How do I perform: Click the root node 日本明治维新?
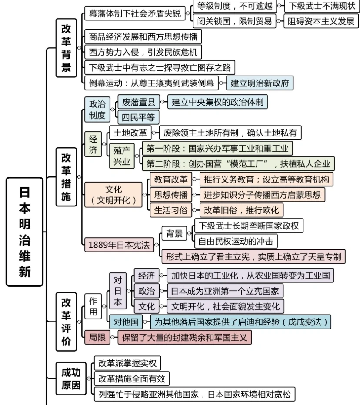(x=25, y=232)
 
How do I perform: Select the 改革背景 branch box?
(x=66, y=48)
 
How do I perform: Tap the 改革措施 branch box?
(x=66, y=177)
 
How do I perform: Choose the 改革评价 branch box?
(x=66, y=322)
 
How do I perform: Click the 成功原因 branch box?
(x=70, y=378)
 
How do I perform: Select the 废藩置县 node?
(x=138, y=103)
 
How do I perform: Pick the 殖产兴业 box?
(x=122, y=156)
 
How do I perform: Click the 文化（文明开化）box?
(x=113, y=194)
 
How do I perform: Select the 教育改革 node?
(x=171, y=179)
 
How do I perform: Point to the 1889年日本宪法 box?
(x=119, y=245)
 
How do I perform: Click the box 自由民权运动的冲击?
(x=236, y=241)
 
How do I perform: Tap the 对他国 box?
(x=126, y=322)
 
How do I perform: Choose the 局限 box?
(x=97, y=337)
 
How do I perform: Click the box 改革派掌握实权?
(x=127, y=363)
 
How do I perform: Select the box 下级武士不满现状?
(x=322, y=6)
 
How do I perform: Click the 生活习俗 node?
(x=171, y=210)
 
